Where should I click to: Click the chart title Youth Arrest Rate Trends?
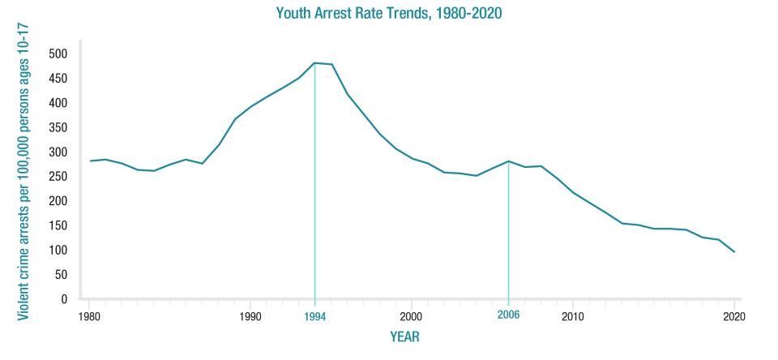pos(388,14)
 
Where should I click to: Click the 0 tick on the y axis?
pos(63,299)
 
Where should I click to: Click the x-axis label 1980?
pos(89,316)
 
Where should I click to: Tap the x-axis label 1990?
pos(250,316)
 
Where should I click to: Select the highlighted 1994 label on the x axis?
pos(315,316)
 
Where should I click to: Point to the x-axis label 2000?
pos(411,316)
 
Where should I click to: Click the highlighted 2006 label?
pos(508,315)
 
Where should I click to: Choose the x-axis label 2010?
pos(572,316)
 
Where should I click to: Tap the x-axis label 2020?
pos(733,316)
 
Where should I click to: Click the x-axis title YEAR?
pos(404,336)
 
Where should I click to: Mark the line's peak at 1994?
pos(314,62)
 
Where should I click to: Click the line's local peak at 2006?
pos(508,161)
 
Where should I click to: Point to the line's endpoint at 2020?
pos(734,251)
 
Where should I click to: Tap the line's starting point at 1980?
pos(89,161)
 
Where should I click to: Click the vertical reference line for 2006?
pos(508,235)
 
